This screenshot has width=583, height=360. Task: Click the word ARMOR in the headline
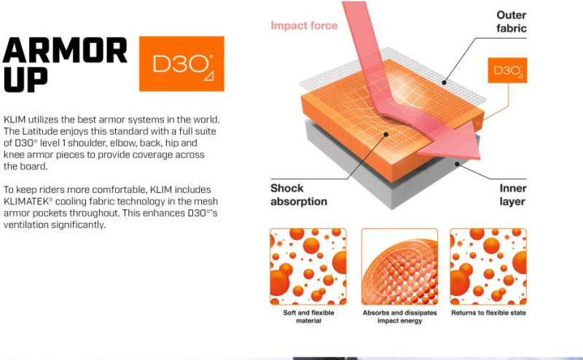(x=65, y=50)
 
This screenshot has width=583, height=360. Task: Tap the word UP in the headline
(x=26, y=79)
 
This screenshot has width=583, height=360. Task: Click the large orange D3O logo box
(x=181, y=63)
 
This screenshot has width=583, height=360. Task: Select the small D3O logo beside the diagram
(x=507, y=70)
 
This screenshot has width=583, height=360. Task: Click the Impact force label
(x=304, y=26)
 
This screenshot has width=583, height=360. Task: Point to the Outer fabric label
(x=512, y=22)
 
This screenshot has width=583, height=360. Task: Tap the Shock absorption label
(x=299, y=195)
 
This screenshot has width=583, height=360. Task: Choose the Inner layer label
(x=512, y=195)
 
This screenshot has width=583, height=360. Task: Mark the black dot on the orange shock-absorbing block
(x=386, y=134)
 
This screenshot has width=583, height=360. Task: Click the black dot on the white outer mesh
(x=444, y=82)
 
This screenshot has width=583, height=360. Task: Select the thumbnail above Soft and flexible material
(x=308, y=267)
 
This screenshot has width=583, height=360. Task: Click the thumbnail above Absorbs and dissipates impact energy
(x=399, y=267)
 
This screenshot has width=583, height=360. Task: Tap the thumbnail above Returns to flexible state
(x=488, y=267)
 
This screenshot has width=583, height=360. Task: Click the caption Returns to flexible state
(x=488, y=313)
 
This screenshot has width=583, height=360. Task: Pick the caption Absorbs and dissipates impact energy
(x=399, y=317)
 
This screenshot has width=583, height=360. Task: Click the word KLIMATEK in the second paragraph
(x=26, y=202)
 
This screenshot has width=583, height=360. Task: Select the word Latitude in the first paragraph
(x=40, y=131)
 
